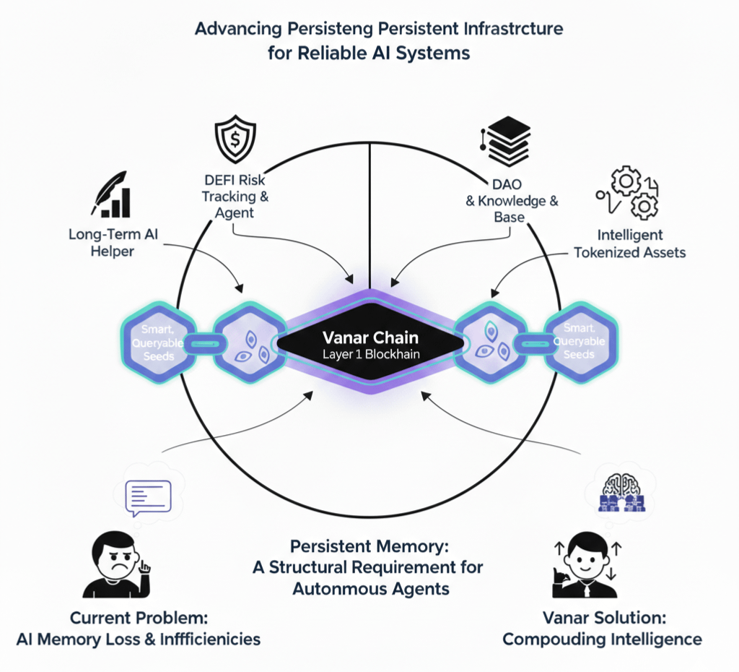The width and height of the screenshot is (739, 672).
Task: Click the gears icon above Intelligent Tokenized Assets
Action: click(x=625, y=194)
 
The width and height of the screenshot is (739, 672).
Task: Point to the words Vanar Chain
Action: click(x=369, y=337)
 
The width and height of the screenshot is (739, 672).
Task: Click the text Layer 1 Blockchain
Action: click(x=369, y=355)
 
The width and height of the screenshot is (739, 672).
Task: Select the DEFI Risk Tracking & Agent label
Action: click(x=233, y=196)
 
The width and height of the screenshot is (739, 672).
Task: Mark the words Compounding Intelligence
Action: click(x=602, y=639)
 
